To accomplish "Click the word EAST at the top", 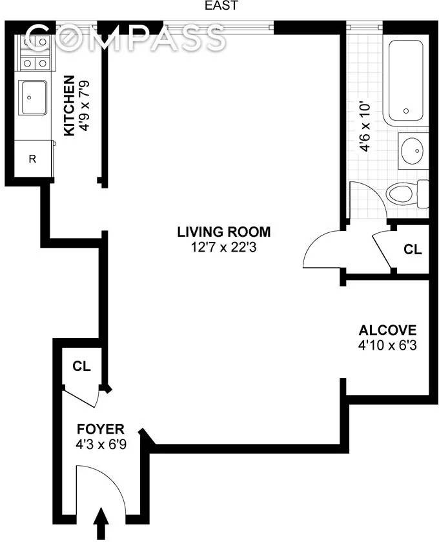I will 221,6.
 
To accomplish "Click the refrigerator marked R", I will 32,159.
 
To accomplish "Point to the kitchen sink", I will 32,97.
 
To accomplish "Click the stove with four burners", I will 34,53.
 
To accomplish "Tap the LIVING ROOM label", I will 224,232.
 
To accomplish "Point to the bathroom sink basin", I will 411,150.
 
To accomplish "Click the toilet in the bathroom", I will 407,192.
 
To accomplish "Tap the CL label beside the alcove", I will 413,249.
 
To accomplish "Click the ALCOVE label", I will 388,330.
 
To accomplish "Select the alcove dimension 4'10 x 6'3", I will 388,345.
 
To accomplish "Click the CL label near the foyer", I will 81,366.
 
